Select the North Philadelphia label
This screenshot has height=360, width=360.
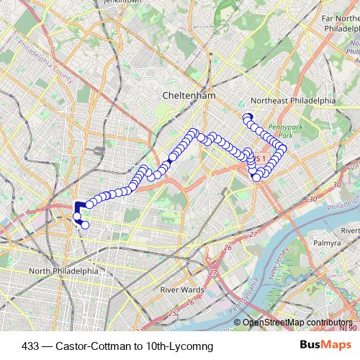click(63, 271)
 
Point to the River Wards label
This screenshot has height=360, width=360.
click(180, 289)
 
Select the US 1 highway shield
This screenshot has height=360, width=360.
click(260, 158)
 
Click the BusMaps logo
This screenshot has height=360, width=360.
click(324, 346)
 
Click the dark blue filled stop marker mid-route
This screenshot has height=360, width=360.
click(171, 158)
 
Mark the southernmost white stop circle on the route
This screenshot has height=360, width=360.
click(85, 225)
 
